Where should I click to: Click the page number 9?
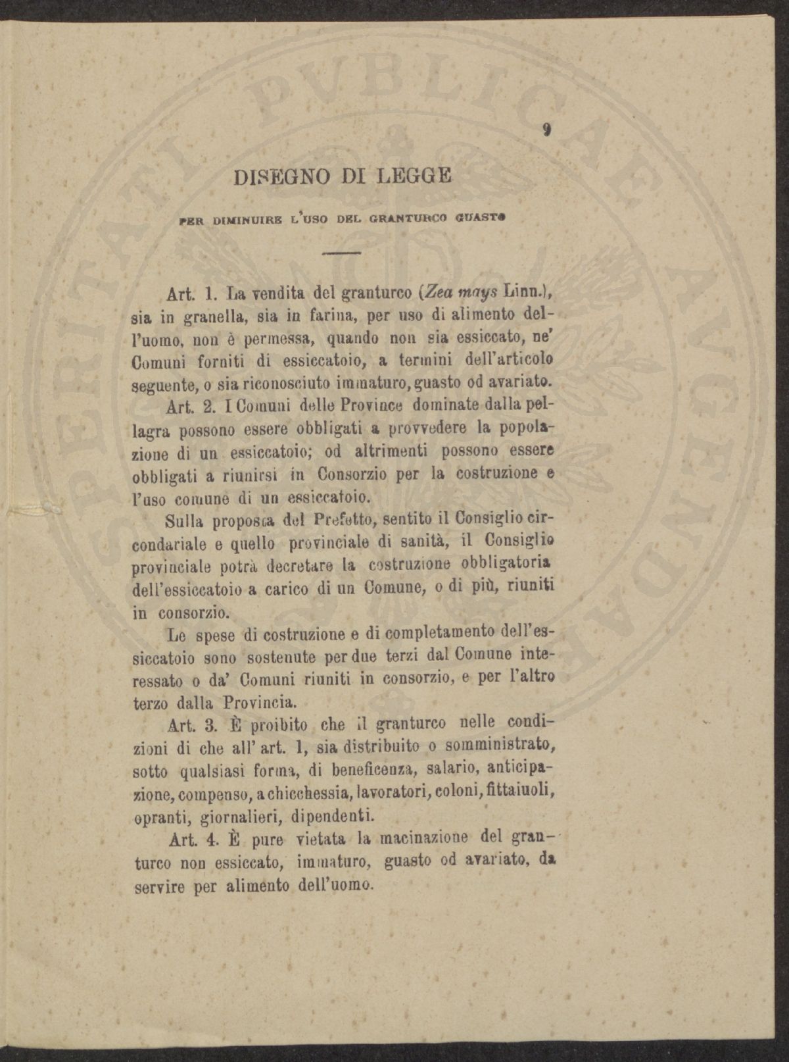click(x=547, y=130)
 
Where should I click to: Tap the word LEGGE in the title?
click(x=415, y=176)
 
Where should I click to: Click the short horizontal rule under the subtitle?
click(x=342, y=253)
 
